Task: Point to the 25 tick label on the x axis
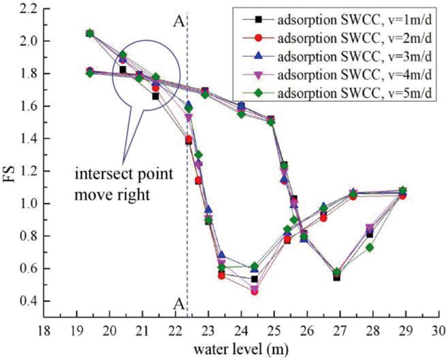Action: click(274, 331)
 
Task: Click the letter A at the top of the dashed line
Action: click(178, 20)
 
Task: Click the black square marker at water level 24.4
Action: click(254, 279)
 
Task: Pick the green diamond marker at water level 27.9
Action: click(369, 247)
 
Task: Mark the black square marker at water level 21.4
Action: click(155, 97)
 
